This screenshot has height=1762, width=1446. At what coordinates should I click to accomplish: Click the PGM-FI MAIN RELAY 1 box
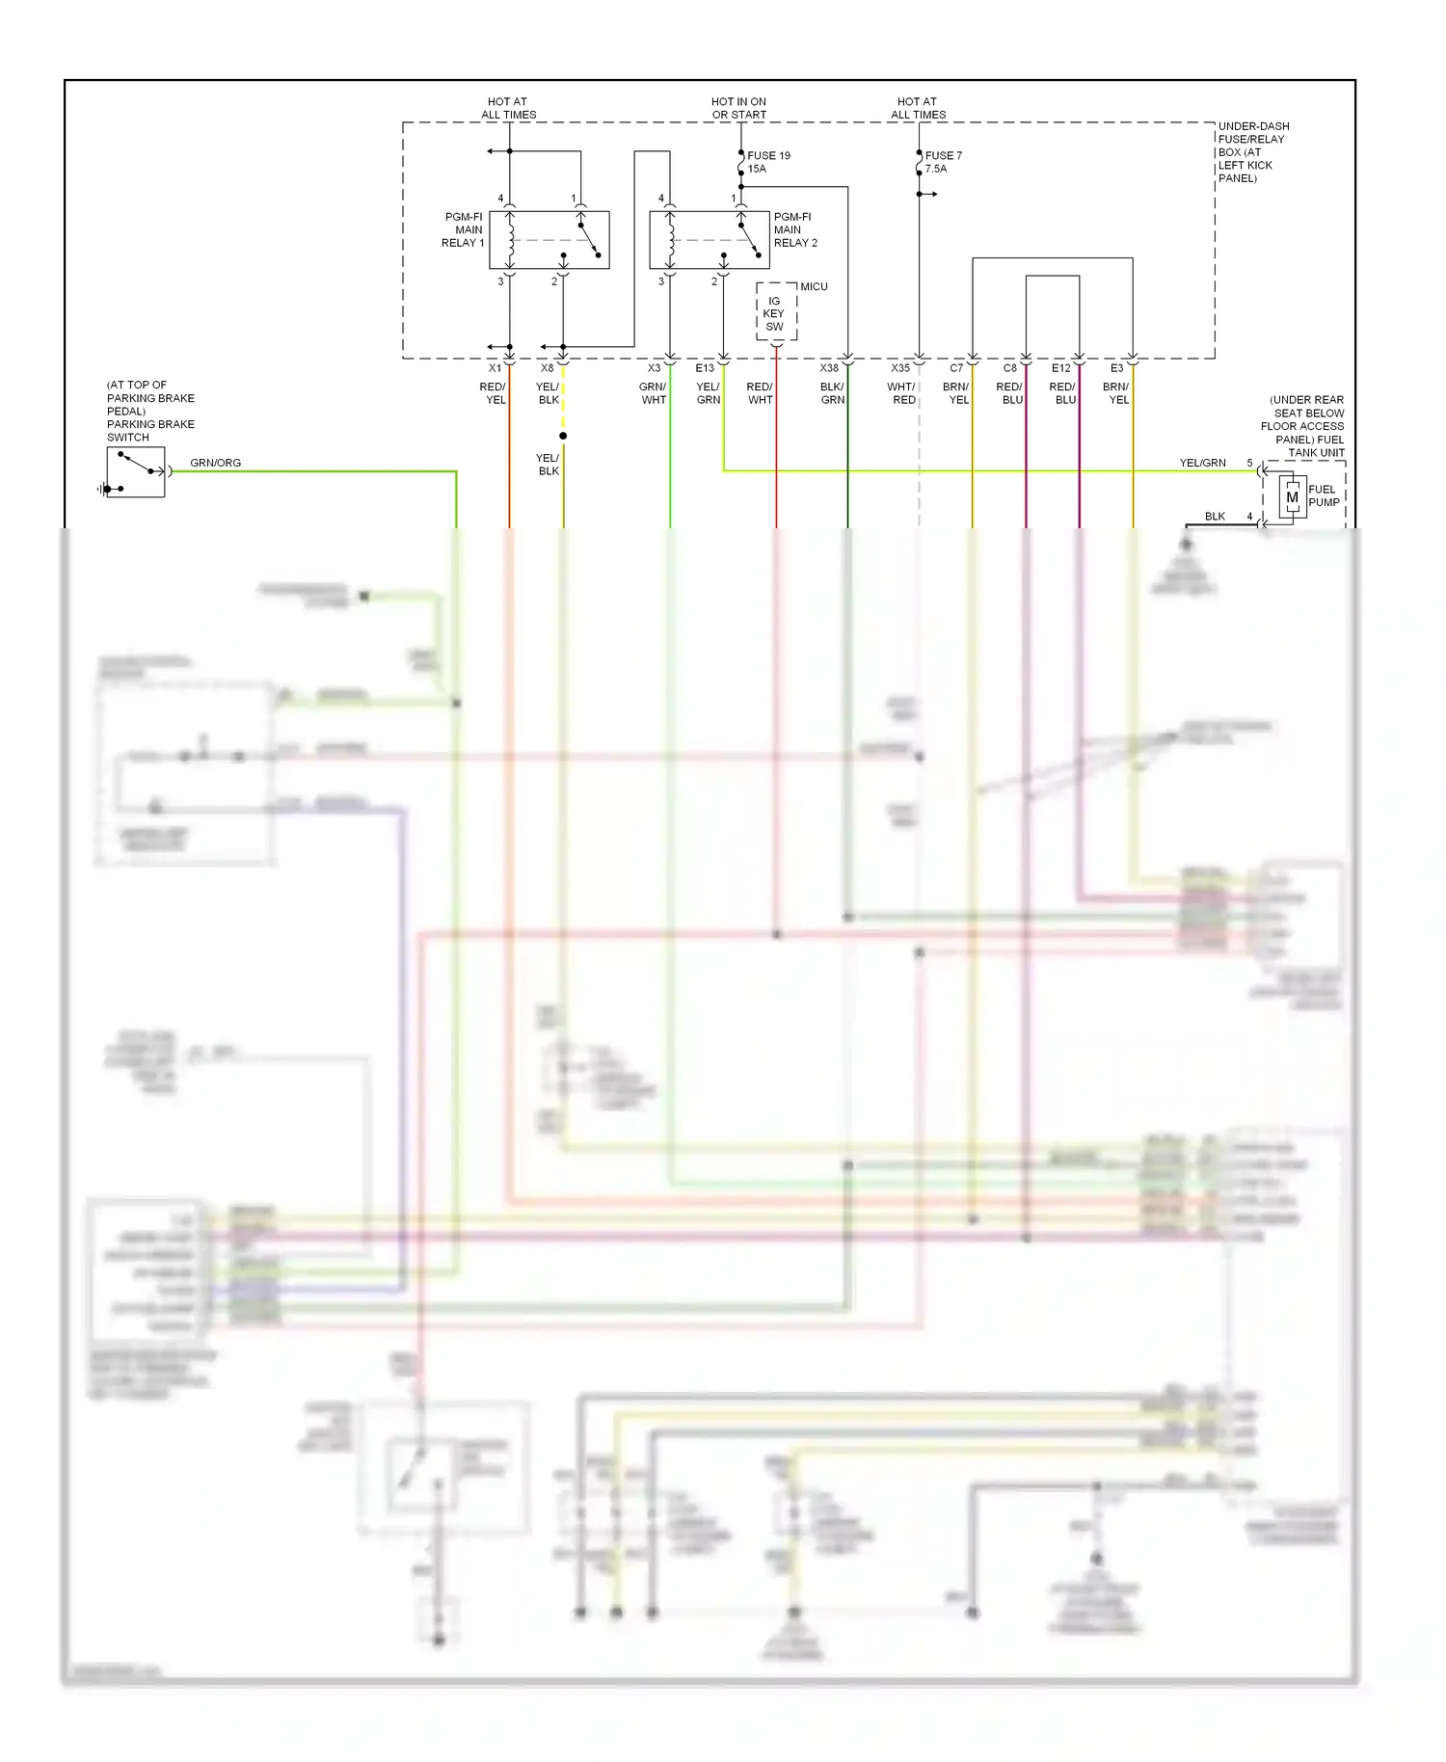pos(549,240)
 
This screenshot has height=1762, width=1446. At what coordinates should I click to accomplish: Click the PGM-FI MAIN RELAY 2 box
pos(709,240)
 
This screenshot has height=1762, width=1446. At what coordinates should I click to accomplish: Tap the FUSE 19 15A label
pos(768,162)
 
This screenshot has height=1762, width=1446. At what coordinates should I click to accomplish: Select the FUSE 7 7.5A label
pos(943,162)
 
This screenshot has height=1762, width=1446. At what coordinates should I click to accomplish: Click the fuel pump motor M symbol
pos(1292,497)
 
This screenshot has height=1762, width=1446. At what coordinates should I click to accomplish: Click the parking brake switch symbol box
pos(136,472)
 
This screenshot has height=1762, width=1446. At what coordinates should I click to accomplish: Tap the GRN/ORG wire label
pos(215,463)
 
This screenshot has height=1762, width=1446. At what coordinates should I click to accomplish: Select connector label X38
pos(829,368)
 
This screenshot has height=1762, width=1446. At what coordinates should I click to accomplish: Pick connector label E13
pos(705,368)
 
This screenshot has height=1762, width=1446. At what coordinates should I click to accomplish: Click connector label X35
pos(899,368)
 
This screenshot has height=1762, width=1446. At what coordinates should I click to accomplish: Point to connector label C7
pos(956,368)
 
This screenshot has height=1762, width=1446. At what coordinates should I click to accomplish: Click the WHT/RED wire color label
pos(902,393)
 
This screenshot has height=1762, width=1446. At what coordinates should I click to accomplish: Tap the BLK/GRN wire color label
pos(832,393)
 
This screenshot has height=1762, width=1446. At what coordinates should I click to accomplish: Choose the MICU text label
pos(814,286)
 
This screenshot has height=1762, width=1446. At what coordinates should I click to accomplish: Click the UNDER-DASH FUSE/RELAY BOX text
pos(1252,151)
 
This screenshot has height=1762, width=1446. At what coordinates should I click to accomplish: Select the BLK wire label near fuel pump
pos(1215,517)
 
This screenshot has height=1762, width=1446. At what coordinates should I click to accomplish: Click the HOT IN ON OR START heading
pos(738,108)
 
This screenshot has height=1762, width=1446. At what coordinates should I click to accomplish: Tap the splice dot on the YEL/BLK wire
pos(563,436)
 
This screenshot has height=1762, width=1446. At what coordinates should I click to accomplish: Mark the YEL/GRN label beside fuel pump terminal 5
pos(1202,463)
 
